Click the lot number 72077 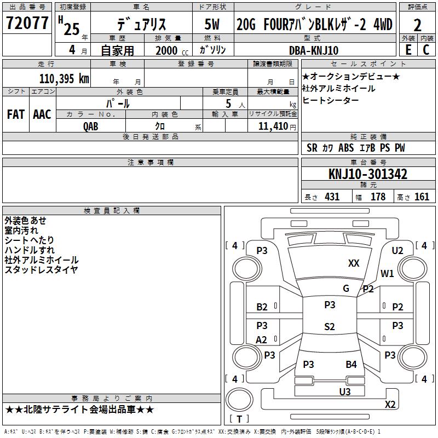click(27, 23)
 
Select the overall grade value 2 click(417, 25)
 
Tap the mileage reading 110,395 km click(64, 79)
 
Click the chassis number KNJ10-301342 click(368, 174)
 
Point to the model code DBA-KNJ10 click(314, 50)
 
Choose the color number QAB click(91, 126)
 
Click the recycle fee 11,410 click(273, 126)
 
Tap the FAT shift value click(16, 114)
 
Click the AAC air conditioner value click(42, 114)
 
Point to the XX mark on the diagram click(354, 263)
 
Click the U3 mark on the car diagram click(345, 391)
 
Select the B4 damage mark click(351, 364)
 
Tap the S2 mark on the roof click(330, 326)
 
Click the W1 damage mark click(387, 273)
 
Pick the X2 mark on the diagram click(390, 404)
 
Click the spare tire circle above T click(239, 400)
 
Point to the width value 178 click(378, 197)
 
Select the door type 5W click(212, 24)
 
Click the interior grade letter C click(426, 50)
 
